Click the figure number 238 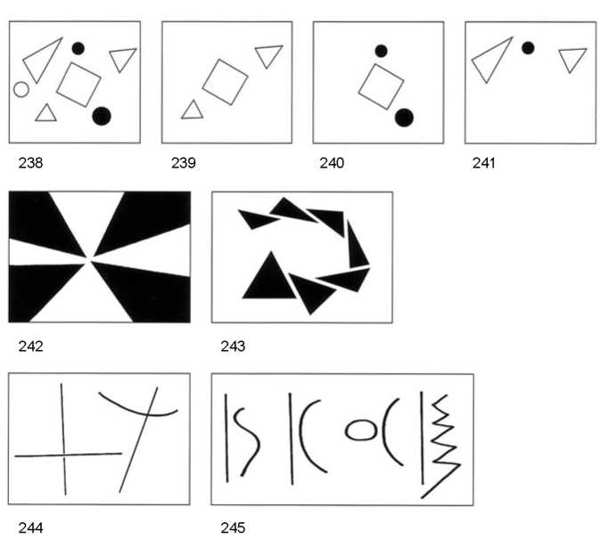coord(30,163)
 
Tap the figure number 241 coord(483,163)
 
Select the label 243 coord(233,347)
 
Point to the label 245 coord(233,527)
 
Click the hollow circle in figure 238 coord(21,89)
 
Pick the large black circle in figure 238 coord(102,116)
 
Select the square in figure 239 coord(226,82)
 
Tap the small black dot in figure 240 coord(381,51)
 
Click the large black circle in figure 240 coord(404,118)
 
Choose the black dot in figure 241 coord(528,48)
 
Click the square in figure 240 coord(381,86)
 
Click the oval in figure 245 coord(361,429)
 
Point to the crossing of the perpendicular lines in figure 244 coord(63,455)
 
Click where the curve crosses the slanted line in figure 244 coord(147,413)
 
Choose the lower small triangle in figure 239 coord(193,110)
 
